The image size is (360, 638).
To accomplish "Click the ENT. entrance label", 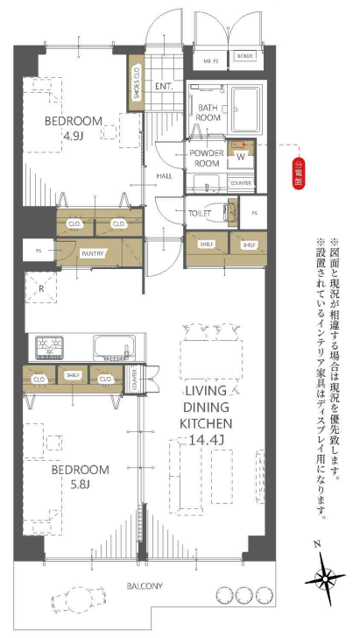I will pos(165,87).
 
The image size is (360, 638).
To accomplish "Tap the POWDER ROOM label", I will pos(208,158).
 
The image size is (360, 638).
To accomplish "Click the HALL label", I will pos(164,175).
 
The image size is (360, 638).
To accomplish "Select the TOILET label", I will pos(201,213).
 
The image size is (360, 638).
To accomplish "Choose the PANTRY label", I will pos(94,252).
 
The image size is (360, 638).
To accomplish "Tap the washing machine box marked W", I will pos(240,155).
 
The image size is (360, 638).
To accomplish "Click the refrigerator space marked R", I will pos(40,287).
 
